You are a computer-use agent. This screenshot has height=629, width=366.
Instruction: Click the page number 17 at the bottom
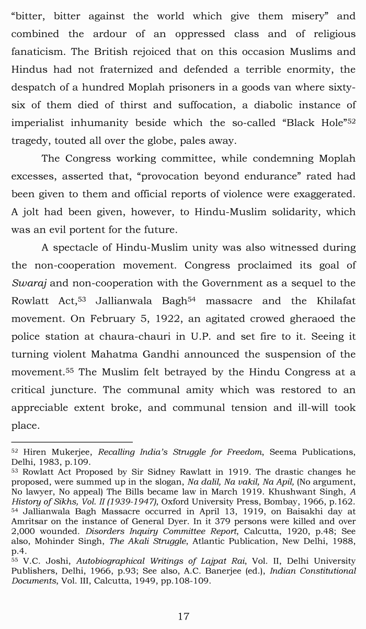[183, 616]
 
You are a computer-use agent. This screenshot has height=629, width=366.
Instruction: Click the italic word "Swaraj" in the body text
[29, 283]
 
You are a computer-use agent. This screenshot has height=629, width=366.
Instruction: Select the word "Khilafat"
[336, 301]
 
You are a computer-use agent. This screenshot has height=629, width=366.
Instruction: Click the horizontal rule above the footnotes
[72, 442]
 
